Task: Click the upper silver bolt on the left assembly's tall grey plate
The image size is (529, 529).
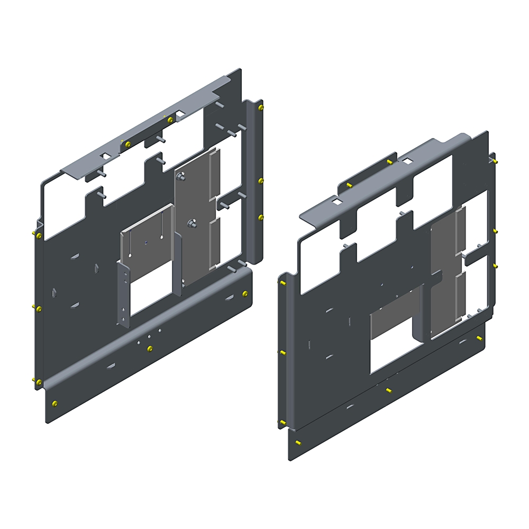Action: (182, 178)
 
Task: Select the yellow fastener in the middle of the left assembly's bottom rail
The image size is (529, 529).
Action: (150, 348)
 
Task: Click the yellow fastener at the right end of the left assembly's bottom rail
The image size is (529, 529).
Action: (244, 294)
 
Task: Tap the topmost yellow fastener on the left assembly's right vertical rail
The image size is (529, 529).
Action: (261, 108)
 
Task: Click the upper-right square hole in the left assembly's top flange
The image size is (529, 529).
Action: (181, 113)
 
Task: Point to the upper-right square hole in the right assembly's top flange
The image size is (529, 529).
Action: (409, 160)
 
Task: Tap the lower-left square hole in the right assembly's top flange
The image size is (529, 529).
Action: (336, 202)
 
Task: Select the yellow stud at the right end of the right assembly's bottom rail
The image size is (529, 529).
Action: (479, 338)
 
